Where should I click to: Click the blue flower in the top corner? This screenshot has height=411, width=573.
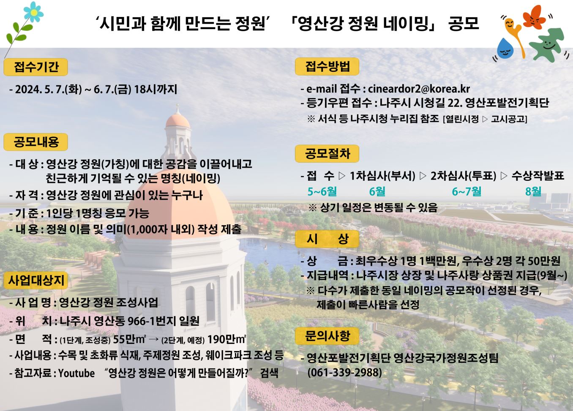33,12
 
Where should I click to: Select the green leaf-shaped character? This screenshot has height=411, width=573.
547,45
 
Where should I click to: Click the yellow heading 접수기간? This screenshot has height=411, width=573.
36,67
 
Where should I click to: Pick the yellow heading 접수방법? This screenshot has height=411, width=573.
327,66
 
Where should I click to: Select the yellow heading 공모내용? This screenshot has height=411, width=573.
36,142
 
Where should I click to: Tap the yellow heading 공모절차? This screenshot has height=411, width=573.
327,154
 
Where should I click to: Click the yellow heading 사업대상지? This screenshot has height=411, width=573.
36,280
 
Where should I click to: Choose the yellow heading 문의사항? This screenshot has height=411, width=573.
327,336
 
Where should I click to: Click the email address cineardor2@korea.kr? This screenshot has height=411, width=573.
419,89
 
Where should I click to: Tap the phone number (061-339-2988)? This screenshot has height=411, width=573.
344,373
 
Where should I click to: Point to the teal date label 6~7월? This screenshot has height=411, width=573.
467,191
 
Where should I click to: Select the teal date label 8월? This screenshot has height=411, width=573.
533,191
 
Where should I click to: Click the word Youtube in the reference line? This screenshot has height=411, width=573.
76,373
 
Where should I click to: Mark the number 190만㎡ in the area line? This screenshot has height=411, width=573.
226,339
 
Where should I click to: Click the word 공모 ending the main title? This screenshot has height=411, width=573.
464,24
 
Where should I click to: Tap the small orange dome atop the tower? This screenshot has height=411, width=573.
178,121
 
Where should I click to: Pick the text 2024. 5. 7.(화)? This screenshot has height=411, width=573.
49,89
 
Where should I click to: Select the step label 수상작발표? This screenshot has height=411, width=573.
538,176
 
